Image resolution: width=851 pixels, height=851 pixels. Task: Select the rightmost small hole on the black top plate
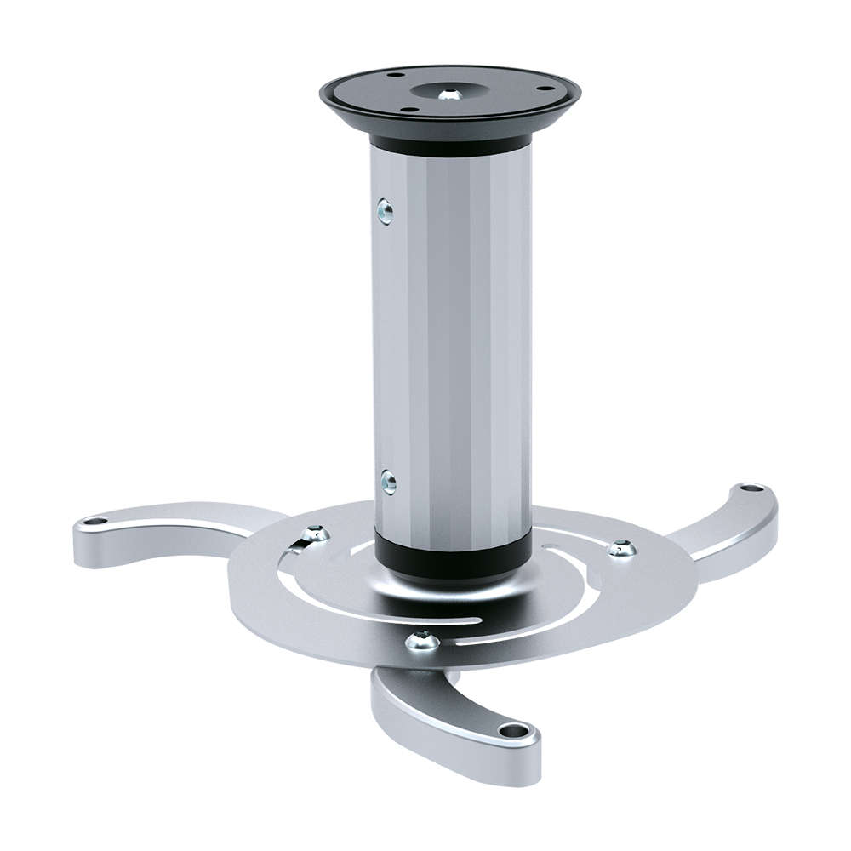(541, 87)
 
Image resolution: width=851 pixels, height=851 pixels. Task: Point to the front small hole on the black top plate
(409, 108)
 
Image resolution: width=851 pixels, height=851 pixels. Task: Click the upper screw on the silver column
(386, 210)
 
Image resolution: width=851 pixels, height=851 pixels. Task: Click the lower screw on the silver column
(388, 483)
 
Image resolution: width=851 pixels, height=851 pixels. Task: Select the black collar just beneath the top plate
(450, 147)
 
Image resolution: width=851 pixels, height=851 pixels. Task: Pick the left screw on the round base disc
(316, 534)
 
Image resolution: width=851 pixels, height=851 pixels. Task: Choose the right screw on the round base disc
(622, 548)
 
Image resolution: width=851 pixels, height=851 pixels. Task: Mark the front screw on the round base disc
(422, 641)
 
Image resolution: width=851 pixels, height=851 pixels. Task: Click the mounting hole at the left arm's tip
(95, 520)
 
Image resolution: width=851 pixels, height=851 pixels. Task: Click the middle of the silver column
(451, 349)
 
